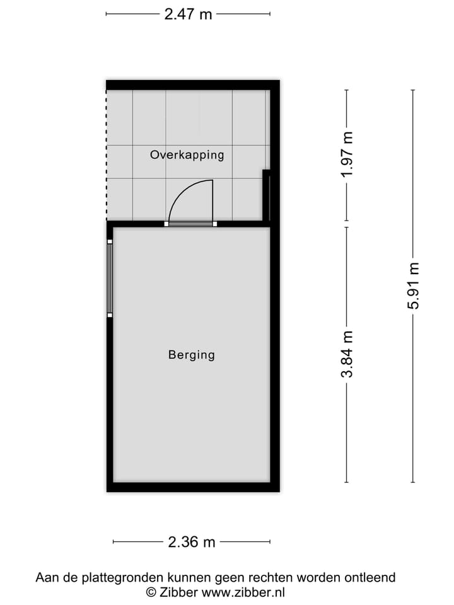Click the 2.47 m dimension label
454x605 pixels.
point(188,14)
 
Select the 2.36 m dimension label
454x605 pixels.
point(192,542)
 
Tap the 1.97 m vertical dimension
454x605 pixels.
point(347,154)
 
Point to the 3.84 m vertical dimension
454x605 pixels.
point(347,354)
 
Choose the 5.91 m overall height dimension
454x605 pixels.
point(414,285)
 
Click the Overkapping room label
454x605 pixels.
point(187,154)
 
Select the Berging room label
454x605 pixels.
point(191,355)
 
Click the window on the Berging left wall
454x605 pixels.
point(110,278)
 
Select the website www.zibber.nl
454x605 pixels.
point(243,592)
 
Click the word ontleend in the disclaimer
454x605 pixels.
point(372,577)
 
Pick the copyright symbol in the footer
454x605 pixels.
point(151,592)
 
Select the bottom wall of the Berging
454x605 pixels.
point(192,487)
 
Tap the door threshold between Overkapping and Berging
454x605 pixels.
point(192,224)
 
